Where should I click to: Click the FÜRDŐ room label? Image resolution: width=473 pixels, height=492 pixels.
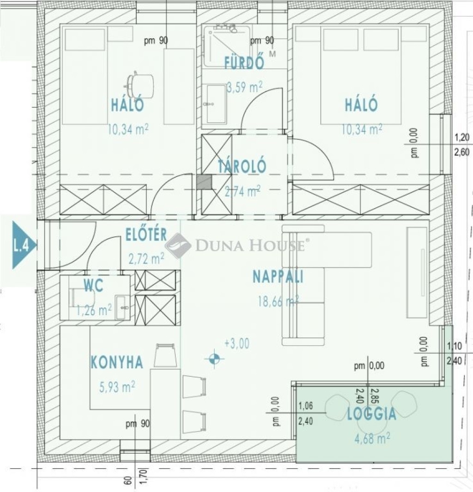244,62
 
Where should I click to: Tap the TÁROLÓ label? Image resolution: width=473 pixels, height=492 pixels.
242,166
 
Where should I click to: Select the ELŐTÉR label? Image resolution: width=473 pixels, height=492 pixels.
146,234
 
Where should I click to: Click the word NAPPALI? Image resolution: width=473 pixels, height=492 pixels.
278,276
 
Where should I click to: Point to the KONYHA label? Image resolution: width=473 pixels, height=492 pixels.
117,362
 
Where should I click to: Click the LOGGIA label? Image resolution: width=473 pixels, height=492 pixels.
371,414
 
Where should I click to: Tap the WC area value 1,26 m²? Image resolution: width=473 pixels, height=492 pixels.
94,310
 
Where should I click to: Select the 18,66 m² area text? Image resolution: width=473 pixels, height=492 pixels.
278,301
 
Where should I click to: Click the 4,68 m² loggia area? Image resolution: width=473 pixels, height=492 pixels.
372,438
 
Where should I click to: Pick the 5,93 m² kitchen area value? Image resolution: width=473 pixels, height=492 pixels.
117,387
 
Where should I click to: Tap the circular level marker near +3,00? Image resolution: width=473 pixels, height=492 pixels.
214,359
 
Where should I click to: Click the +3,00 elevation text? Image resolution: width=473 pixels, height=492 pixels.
237,343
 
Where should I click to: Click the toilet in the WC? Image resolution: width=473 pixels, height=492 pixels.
83,298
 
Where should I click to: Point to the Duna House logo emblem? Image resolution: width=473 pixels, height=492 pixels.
178,246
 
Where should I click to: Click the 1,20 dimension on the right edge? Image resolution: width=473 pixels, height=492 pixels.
462,137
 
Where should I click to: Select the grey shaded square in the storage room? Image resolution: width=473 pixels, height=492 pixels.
205,182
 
